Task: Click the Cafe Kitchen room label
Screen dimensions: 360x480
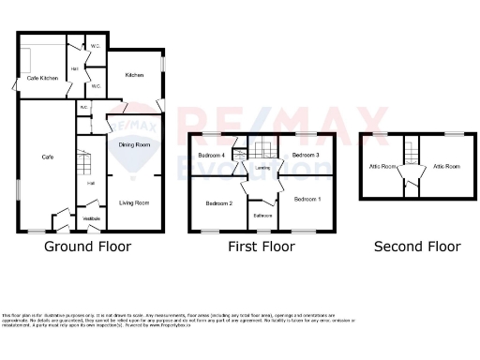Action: pyautogui.click(x=43, y=78)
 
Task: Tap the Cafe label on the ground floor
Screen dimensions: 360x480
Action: pyautogui.click(x=46, y=157)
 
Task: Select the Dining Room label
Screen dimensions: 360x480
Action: pyautogui.click(x=135, y=144)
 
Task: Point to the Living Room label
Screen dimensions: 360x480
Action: pyautogui.click(x=135, y=202)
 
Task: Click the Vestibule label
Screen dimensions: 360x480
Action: pyautogui.click(x=92, y=218)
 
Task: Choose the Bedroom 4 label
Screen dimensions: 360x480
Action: pyautogui.click(x=211, y=155)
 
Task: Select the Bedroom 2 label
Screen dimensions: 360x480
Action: pyautogui.click(x=219, y=203)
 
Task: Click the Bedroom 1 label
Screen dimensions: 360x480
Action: pyautogui.click(x=307, y=199)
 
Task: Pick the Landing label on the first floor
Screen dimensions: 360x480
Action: pyautogui.click(x=262, y=168)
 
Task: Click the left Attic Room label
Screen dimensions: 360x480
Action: pyautogui.click(x=379, y=167)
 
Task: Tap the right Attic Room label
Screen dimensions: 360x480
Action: pyautogui.click(x=446, y=167)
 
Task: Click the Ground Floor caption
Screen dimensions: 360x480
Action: pyautogui.click(x=88, y=247)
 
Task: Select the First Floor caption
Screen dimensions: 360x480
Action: pyautogui.click(x=262, y=247)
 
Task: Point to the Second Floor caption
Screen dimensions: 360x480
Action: pyautogui.click(x=417, y=247)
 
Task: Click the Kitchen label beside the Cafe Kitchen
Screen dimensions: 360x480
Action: pyautogui.click(x=134, y=75)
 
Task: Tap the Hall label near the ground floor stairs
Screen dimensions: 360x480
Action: pyautogui.click(x=91, y=183)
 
